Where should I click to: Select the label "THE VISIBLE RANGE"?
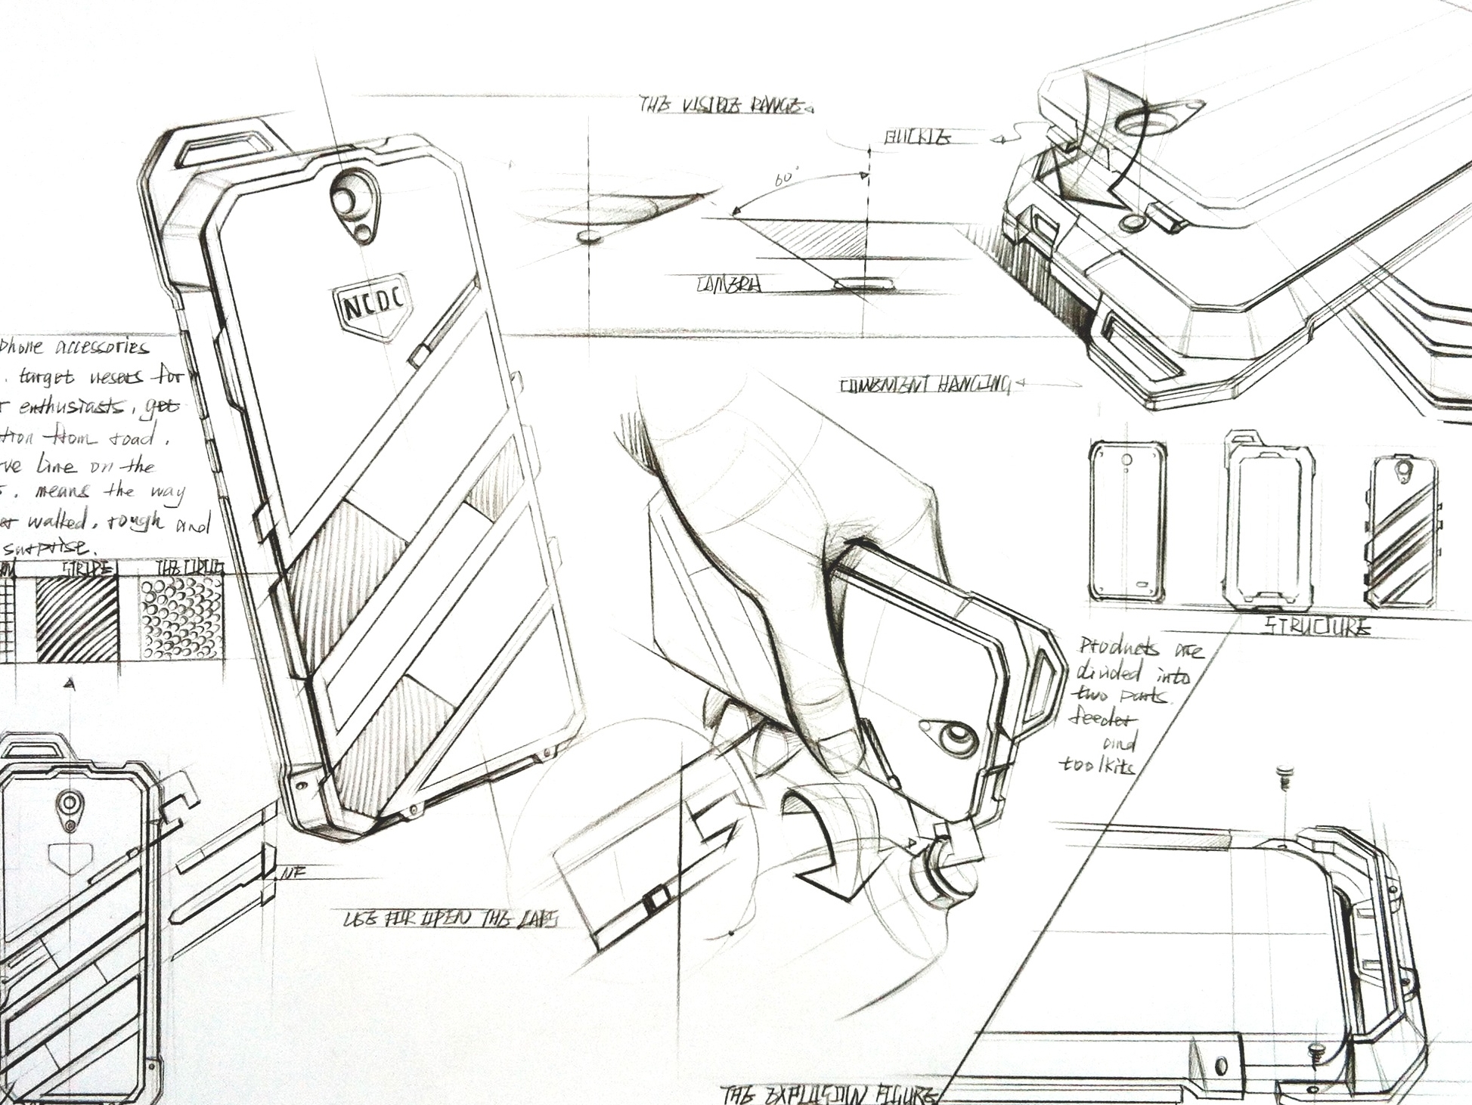coord(723,106)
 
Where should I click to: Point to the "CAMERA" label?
coord(729,285)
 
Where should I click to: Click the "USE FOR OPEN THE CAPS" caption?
coord(451,919)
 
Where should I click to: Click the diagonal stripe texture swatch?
coord(77,619)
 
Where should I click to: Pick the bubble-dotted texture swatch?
coord(181,619)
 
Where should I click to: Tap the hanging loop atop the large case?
coord(226,147)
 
